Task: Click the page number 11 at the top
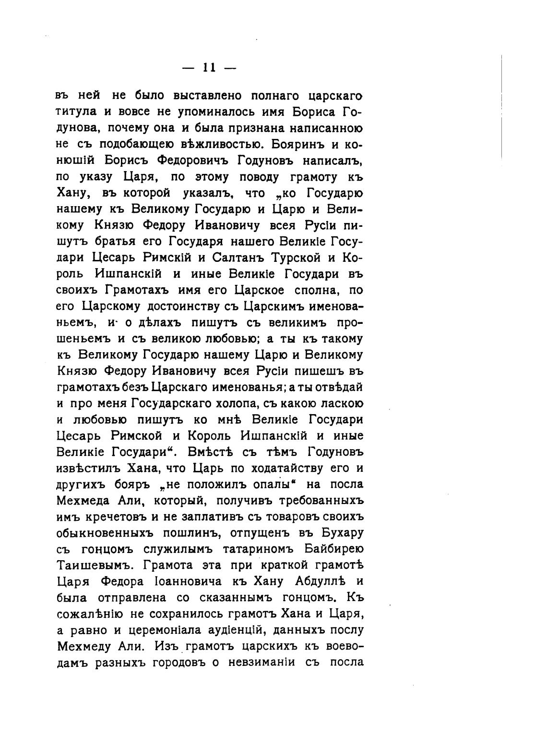click(x=209, y=68)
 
